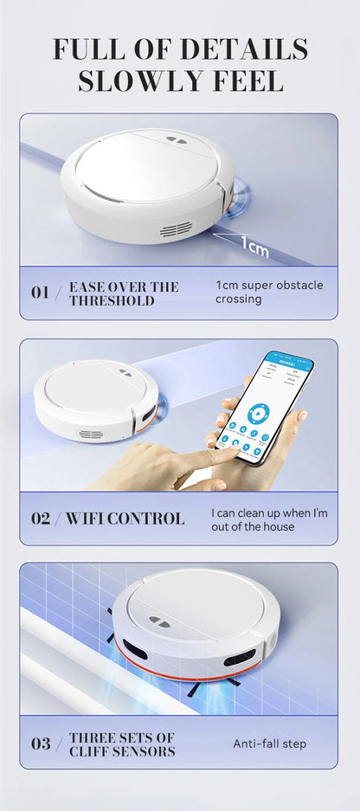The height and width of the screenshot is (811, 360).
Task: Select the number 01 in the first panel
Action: tap(41, 293)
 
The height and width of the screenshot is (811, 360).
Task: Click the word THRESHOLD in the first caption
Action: tap(112, 301)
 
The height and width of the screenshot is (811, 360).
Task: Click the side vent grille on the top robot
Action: tap(176, 228)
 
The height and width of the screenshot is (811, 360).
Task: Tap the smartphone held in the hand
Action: tap(265, 407)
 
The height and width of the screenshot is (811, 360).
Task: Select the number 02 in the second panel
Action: tap(41, 519)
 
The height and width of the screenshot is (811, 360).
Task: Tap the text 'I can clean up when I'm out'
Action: tap(269, 519)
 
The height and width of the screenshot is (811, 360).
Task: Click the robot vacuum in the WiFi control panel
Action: tap(96, 401)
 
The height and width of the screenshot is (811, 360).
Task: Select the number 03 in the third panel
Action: tap(41, 744)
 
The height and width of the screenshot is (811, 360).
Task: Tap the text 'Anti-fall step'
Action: tap(269, 744)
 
